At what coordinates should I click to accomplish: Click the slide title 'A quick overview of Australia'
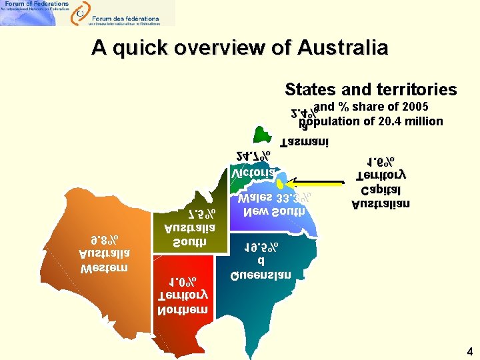239,48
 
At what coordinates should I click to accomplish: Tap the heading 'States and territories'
371,89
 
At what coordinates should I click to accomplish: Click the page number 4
470,351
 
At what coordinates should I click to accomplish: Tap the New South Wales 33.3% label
273,205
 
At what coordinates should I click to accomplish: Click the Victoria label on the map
253,173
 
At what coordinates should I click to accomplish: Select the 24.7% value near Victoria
253,156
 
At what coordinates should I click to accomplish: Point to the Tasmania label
304,142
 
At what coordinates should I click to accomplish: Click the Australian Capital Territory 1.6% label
381,182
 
